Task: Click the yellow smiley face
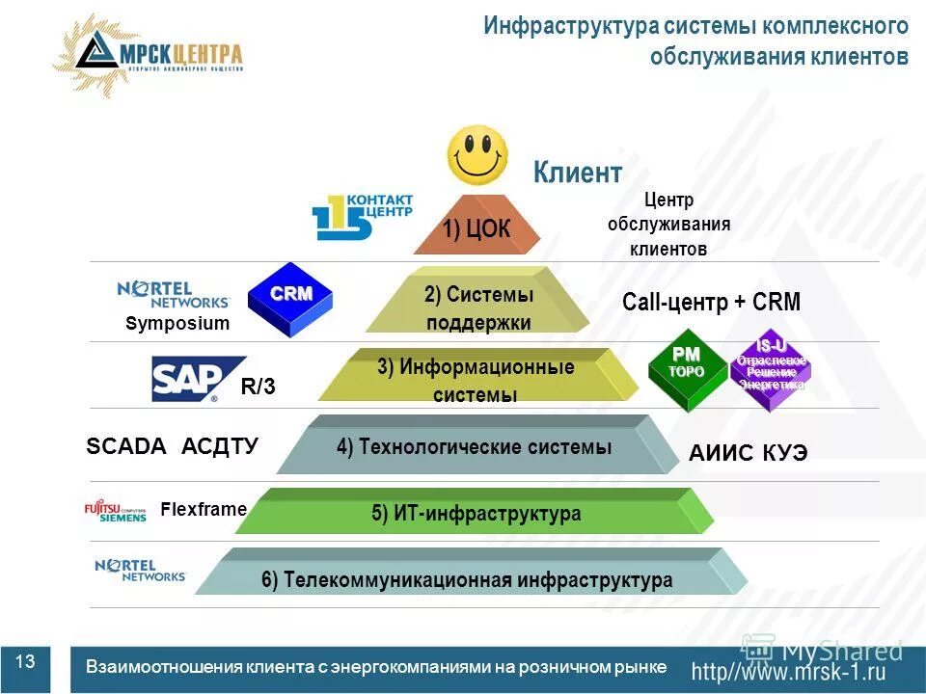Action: click(x=477, y=155)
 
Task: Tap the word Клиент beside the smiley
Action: click(x=578, y=173)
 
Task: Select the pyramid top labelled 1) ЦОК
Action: click(x=477, y=227)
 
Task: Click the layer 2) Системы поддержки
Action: click(x=477, y=307)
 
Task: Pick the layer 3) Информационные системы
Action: click(x=476, y=380)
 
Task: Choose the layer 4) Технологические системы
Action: click(x=474, y=447)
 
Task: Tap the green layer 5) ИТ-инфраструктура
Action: click(x=476, y=513)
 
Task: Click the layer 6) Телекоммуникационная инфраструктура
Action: click(x=466, y=579)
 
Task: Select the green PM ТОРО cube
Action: click(x=687, y=370)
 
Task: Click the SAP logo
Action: click(x=197, y=379)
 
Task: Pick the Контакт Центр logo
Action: click(x=362, y=217)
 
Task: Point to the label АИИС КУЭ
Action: click(x=748, y=453)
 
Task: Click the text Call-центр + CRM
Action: click(x=711, y=302)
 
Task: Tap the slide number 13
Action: click(x=25, y=661)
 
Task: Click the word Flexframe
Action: click(x=203, y=508)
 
